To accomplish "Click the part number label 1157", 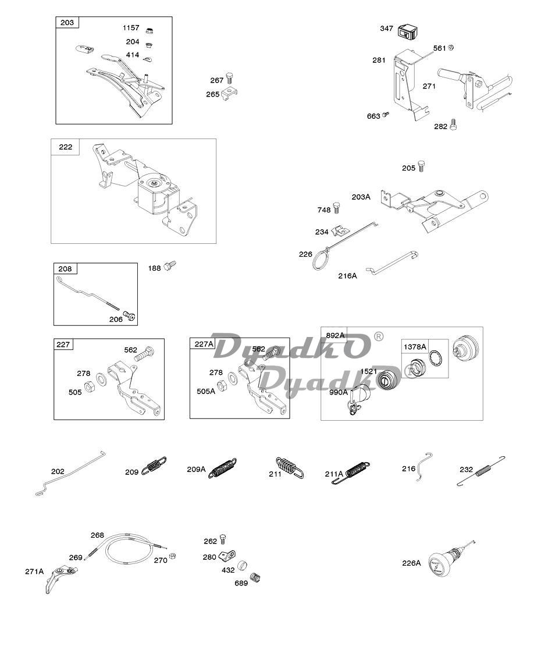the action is [131, 28].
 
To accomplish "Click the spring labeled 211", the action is [290, 467].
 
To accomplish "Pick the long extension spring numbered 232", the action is [481, 470].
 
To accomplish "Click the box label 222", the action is [66, 147].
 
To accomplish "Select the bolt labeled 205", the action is [421, 166].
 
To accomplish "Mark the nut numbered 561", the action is [450, 47].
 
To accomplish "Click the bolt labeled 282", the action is [454, 125].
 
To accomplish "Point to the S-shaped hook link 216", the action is [423, 466].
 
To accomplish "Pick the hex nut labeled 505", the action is [88, 387].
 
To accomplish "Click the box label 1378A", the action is [415, 346].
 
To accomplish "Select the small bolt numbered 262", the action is [223, 538].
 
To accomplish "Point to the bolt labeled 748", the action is [337, 208].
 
